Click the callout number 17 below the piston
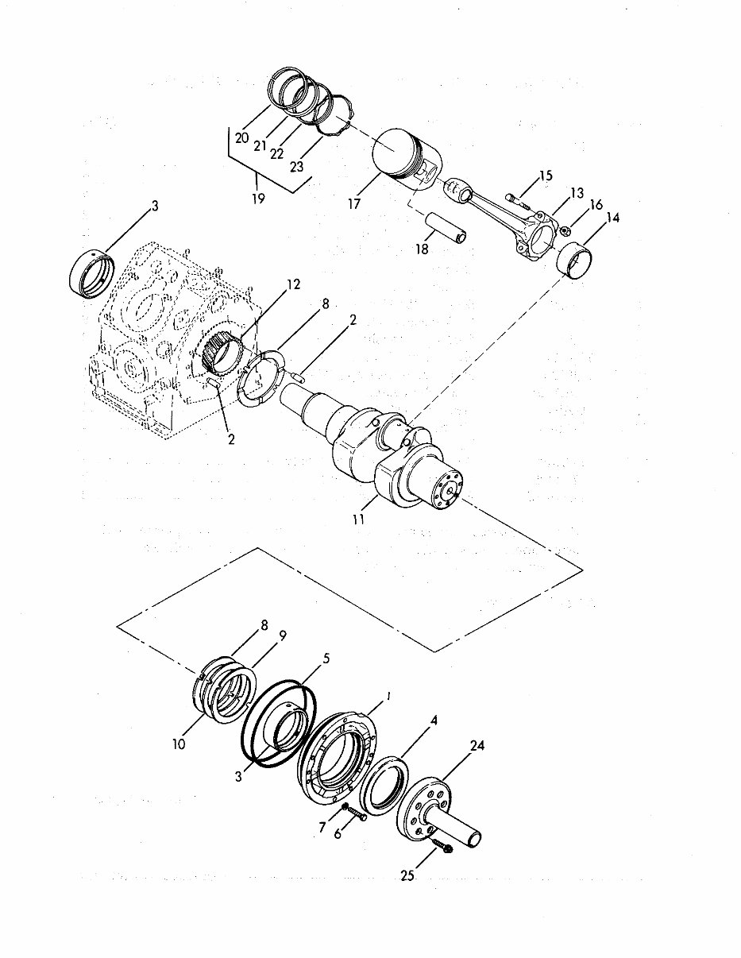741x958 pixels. coord(354,203)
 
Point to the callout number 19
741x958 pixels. coord(259,199)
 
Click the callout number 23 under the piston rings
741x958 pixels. coord(296,166)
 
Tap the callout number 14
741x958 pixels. coord(614,217)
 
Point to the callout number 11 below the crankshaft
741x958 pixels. coord(359,520)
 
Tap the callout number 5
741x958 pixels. coord(326,658)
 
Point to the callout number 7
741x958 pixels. coord(322,828)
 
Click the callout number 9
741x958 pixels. coord(282,635)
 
